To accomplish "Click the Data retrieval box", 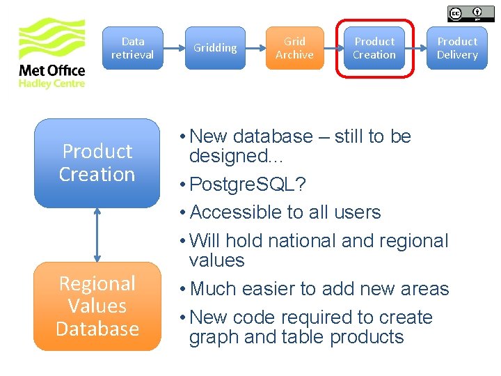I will click(133, 48).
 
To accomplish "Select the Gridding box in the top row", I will click(215, 48).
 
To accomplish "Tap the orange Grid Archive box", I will click(294, 48).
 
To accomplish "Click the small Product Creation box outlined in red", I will click(374, 48).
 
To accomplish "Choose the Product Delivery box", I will click(457, 48).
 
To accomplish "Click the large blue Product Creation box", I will click(97, 163).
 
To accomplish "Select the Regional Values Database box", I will click(97, 306).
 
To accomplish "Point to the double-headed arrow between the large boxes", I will click(97, 235).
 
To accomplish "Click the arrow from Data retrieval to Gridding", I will click(174, 48).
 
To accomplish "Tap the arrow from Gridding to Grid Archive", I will click(255, 48).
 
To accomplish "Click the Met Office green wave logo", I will click(51, 41).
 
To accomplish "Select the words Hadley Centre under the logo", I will click(51, 84).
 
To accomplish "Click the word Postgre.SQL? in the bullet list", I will click(248, 185).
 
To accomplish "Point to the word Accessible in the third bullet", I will click(234, 212).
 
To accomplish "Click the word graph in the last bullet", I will click(214, 338).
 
